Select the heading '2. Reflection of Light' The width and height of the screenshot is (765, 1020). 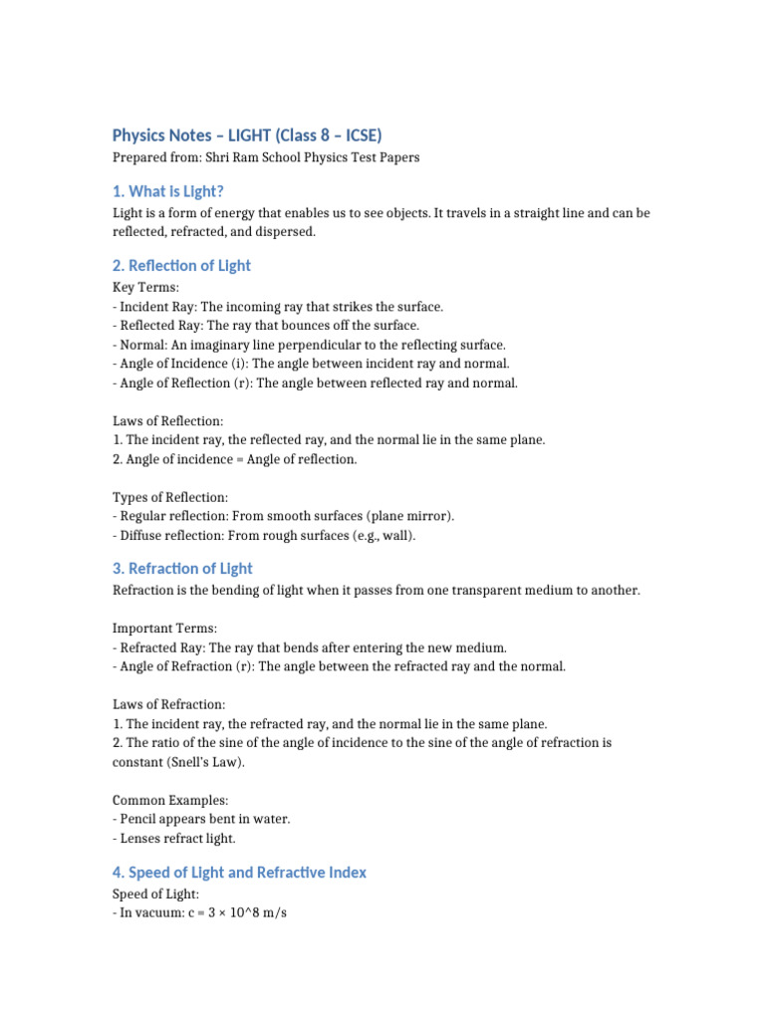click(x=181, y=266)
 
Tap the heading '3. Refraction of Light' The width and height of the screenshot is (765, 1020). click(x=182, y=569)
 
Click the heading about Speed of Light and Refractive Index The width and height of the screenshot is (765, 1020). click(x=239, y=873)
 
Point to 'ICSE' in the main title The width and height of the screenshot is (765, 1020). click(x=360, y=135)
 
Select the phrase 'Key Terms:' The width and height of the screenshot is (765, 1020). click(x=145, y=287)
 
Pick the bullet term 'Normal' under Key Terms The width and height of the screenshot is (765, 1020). click(x=140, y=345)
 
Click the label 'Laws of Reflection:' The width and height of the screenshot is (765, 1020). click(x=167, y=420)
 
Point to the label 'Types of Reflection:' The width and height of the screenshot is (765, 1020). click(x=170, y=496)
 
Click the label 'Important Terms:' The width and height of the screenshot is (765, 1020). click(x=164, y=629)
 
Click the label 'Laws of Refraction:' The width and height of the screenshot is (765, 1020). click(x=168, y=704)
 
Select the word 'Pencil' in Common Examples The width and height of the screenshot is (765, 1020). click(x=138, y=819)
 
